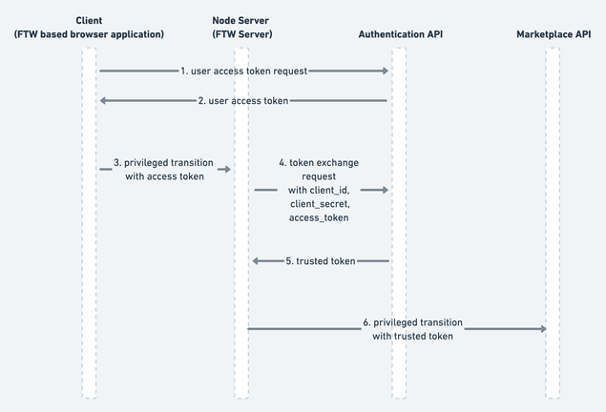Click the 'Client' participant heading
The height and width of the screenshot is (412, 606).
tap(89, 20)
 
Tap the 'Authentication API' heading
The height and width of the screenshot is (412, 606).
tap(400, 34)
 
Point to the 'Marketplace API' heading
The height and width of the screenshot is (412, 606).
tap(553, 34)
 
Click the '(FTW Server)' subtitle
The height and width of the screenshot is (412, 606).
tap(242, 34)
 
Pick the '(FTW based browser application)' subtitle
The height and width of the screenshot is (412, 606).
tap(89, 34)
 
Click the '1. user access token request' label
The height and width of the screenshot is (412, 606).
tap(243, 71)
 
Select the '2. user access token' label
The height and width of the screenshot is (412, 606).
tap(243, 100)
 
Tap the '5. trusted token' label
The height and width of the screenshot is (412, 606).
tap(321, 260)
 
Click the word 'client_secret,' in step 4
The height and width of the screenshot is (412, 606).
tap(320, 204)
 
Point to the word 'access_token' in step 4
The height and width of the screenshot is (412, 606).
tap(320, 218)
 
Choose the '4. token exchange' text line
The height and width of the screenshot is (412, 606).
tap(320, 162)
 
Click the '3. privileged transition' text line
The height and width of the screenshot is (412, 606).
tap(163, 162)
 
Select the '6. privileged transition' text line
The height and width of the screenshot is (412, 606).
tap(413, 321)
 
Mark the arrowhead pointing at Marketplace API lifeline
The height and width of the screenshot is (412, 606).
tap(543, 328)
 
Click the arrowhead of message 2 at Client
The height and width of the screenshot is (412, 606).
tap(104, 100)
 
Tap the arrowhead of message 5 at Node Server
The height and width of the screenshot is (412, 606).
tap(256, 260)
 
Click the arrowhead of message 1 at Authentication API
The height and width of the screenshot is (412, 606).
tap(385, 71)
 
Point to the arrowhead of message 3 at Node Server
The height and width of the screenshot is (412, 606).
tap(227, 169)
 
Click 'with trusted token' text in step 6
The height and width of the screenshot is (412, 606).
tap(413, 336)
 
